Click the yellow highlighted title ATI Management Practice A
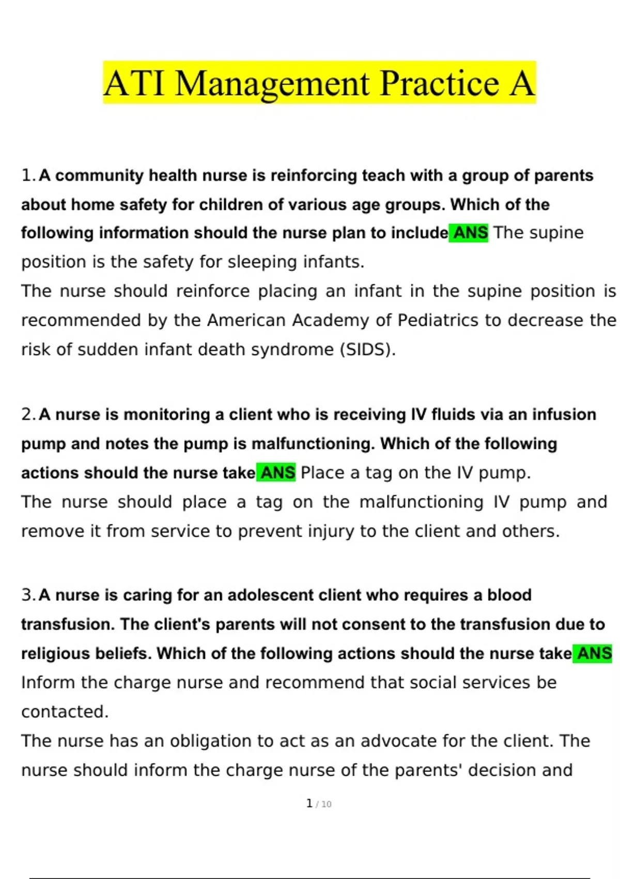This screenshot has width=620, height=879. [319, 83]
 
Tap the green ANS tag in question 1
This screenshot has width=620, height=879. [469, 233]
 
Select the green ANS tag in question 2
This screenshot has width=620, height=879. [276, 473]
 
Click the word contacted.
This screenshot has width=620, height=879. [65, 712]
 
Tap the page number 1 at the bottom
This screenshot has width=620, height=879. [309, 804]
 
